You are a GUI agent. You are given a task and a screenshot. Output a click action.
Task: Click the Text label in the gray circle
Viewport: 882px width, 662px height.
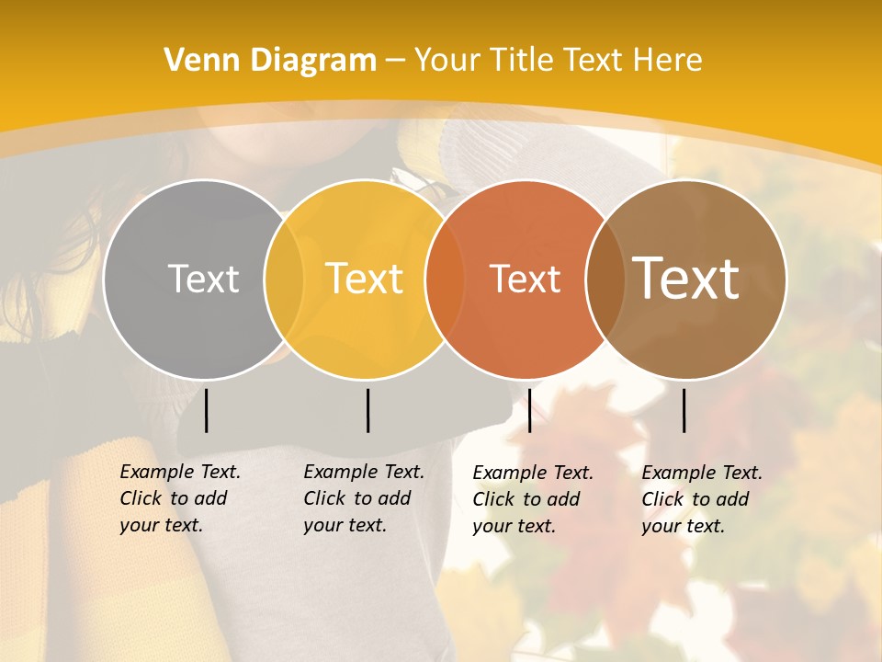[x=204, y=279]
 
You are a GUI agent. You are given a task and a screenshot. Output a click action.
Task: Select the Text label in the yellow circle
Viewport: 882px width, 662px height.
[x=365, y=279]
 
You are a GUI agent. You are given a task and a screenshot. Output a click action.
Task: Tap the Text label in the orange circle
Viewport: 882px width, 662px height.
[x=526, y=279]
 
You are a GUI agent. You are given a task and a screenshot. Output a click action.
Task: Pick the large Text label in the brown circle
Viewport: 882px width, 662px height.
[x=686, y=279]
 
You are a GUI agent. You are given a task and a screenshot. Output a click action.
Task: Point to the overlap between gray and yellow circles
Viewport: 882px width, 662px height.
[x=284, y=279]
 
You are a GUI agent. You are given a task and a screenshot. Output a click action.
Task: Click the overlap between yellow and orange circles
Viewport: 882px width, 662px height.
[x=445, y=279]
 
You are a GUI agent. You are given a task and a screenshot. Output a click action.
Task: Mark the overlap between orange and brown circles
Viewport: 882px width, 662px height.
[x=605, y=279]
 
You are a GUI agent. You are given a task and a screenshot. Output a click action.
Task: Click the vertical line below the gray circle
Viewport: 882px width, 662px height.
[x=207, y=410]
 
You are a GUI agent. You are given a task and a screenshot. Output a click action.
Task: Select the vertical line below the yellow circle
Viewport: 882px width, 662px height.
[x=367, y=410]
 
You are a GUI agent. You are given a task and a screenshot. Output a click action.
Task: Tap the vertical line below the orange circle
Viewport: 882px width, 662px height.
[x=529, y=410]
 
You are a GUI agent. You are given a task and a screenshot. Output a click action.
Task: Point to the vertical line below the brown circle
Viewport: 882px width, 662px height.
[x=684, y=410]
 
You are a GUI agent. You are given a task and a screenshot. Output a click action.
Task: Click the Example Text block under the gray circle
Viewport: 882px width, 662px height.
[x=180, y=498]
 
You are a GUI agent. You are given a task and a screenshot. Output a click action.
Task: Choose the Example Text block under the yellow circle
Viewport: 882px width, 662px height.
[x=364, y=498]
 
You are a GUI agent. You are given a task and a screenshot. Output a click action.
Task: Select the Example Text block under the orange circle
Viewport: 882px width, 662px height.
[x=533, y=499]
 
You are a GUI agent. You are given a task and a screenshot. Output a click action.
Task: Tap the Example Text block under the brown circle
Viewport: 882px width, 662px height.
[x=702, y=499]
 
